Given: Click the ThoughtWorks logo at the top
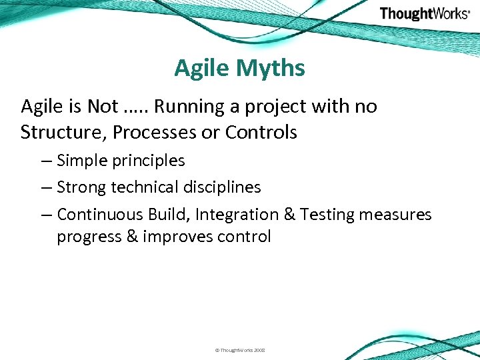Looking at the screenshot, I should point(424,13).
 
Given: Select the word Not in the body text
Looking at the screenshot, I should point(104,106).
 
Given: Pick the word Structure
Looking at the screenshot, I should point(63,133).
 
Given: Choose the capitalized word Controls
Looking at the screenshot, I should point(261,133).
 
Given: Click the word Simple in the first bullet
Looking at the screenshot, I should point(81,161).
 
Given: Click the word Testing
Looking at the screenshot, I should point(327,215).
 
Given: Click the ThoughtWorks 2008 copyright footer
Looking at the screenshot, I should point(240,349).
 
